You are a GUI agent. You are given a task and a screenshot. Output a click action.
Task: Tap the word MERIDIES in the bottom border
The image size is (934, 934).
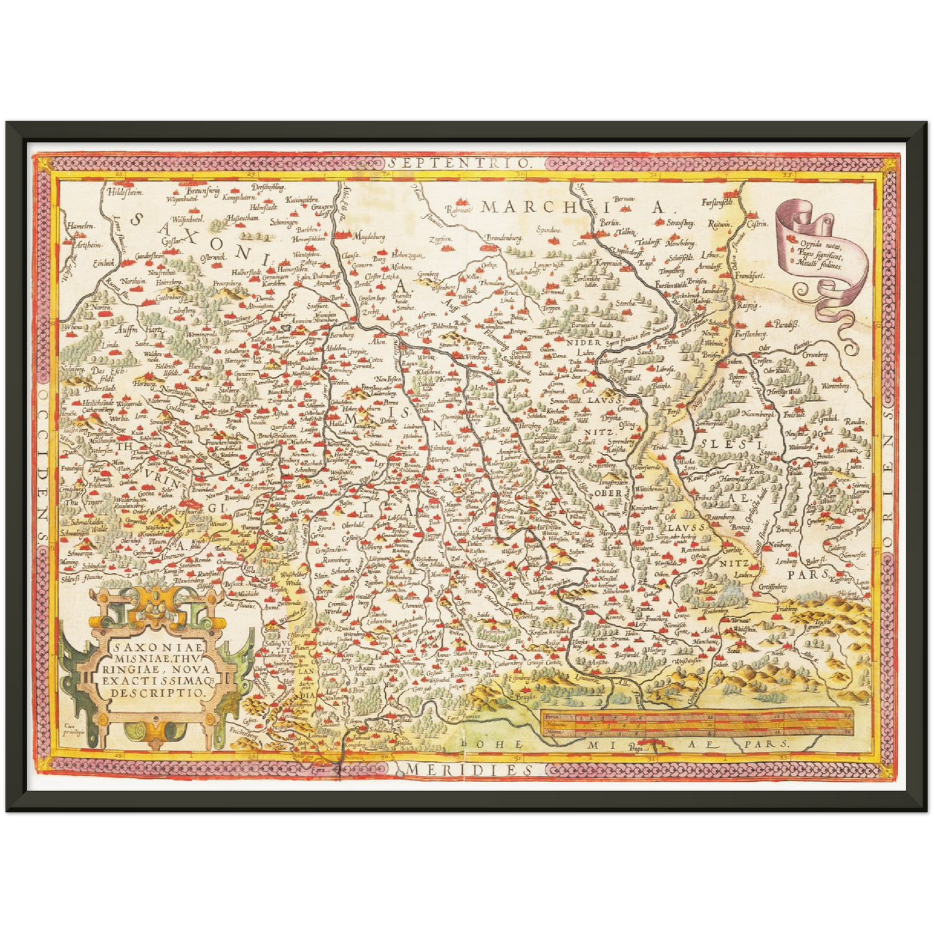(470, 769)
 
